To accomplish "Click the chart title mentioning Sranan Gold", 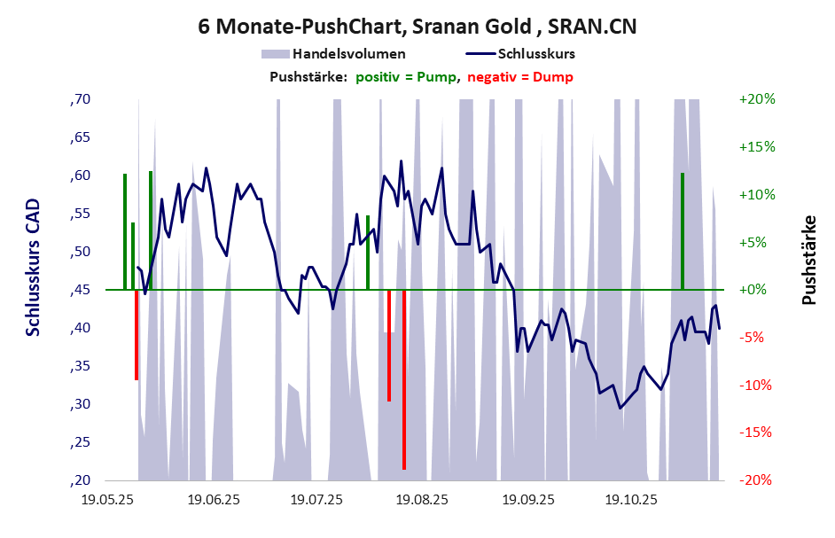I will point(417,27).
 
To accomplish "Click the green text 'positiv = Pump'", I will point(407,76).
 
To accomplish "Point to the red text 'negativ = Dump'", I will point(519,76).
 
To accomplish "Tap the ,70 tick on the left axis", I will point(80,99).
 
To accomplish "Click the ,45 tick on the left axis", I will point(80,290).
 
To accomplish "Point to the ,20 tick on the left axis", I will point(80,480).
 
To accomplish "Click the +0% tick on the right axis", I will point(753,290).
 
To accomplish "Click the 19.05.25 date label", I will point(106,500).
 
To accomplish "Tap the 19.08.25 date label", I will point(422,500).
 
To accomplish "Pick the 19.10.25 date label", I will point(631,500).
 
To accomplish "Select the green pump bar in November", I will point(683,230).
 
